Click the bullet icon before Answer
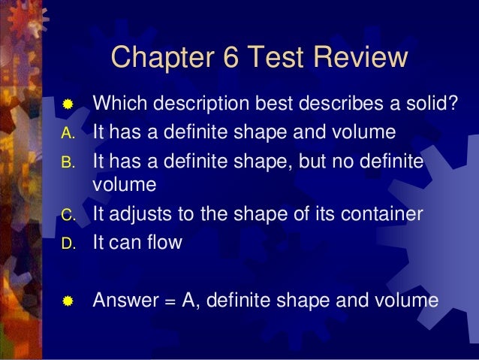coord(68,302)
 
